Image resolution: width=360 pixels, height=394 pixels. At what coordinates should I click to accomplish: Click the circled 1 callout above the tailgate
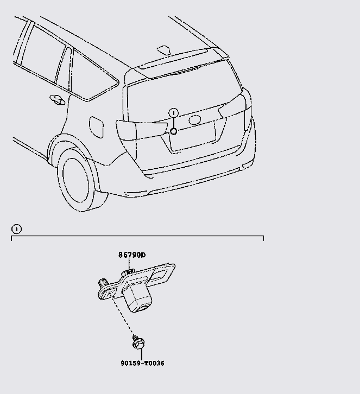click(173, 113)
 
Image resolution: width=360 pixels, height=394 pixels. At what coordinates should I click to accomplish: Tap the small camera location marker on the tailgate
click(173, 131)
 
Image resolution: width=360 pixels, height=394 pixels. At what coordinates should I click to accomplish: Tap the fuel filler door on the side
click(95, 128)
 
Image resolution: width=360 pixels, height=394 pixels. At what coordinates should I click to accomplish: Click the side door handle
click(56, 99)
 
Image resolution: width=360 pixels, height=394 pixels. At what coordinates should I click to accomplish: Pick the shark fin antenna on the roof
click(165, 50)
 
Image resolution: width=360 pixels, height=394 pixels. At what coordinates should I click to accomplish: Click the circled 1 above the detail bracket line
click(16, 229)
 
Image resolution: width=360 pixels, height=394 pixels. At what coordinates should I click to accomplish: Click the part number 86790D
click(132, 255)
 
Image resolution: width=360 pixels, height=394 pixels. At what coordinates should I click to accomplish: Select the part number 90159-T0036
click(142, 363)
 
